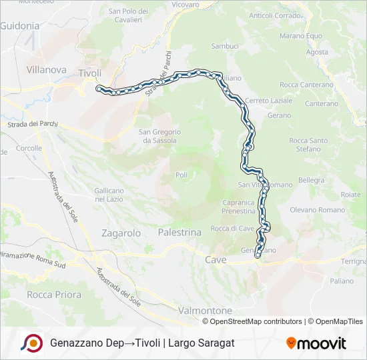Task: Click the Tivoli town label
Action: pos(89,73)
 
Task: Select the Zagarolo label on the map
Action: pos(121,233)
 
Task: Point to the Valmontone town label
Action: pos(205,311)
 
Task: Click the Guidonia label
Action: pos(20,26)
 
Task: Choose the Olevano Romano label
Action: pos(316,209)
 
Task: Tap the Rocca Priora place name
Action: pos(49,294)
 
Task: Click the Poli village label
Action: pos(181,174)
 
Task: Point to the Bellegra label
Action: pos(311,180)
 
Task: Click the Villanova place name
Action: pos(46,69)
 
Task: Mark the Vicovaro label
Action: pos(185,5)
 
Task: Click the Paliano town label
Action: pos(341,281)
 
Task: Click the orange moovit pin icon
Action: pos(291,343)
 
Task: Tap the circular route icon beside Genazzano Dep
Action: pos(31,343)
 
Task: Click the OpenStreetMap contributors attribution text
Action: pos(256,321)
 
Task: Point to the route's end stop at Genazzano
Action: pos(258,255)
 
